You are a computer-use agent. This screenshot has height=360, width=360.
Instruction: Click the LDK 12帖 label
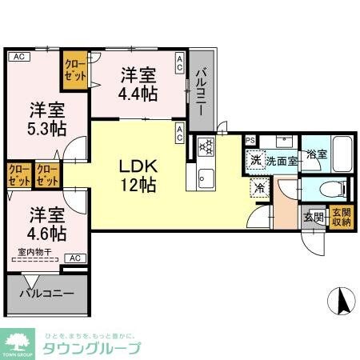137,175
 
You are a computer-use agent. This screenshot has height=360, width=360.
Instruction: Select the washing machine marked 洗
254,159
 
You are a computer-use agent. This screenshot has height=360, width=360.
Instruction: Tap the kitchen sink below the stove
201,177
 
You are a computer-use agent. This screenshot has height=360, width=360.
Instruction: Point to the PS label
250,140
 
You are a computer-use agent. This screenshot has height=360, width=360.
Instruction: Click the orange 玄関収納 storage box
340,218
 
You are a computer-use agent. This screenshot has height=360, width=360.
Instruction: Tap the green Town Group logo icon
19,342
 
